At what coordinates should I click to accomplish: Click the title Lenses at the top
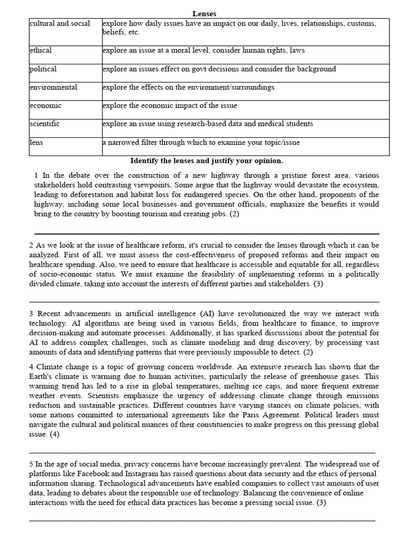pyautogui.click(x=204, y=13)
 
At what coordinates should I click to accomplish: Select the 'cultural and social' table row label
pyautogui.click(x=60, y=23)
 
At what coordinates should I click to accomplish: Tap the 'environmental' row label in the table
pyautogui.click(x=54, y=87)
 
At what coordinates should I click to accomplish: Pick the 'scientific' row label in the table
pyautogui.click(x=45, y=123)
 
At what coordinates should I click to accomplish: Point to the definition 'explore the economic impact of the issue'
pyautogui.click(x=169, y=105)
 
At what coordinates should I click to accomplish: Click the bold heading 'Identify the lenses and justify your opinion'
pyautogui.click(x=207, y=160)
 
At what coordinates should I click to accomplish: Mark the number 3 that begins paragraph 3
pyautogui.click(x=31, y=314)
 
